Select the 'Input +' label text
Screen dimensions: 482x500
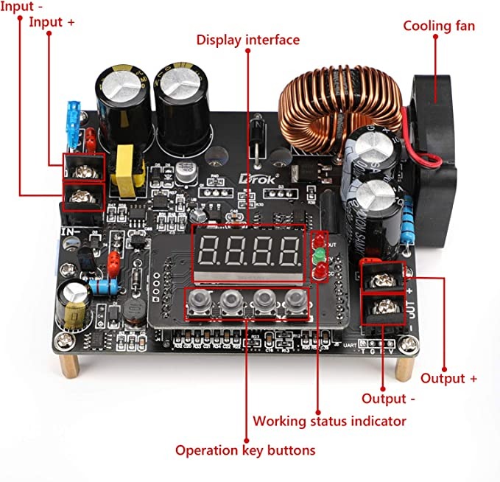click(x=52, y=22)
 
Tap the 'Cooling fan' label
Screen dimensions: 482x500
click(x=439, y=26)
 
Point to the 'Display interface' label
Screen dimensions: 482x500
click(x=247, y=40)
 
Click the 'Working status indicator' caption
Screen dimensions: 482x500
click(x=329, y=421)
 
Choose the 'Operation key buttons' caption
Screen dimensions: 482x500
click(x=245, y=450)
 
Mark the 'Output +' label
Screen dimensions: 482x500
click(x=448, y=378)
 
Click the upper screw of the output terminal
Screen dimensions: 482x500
click(x=382, y=278)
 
